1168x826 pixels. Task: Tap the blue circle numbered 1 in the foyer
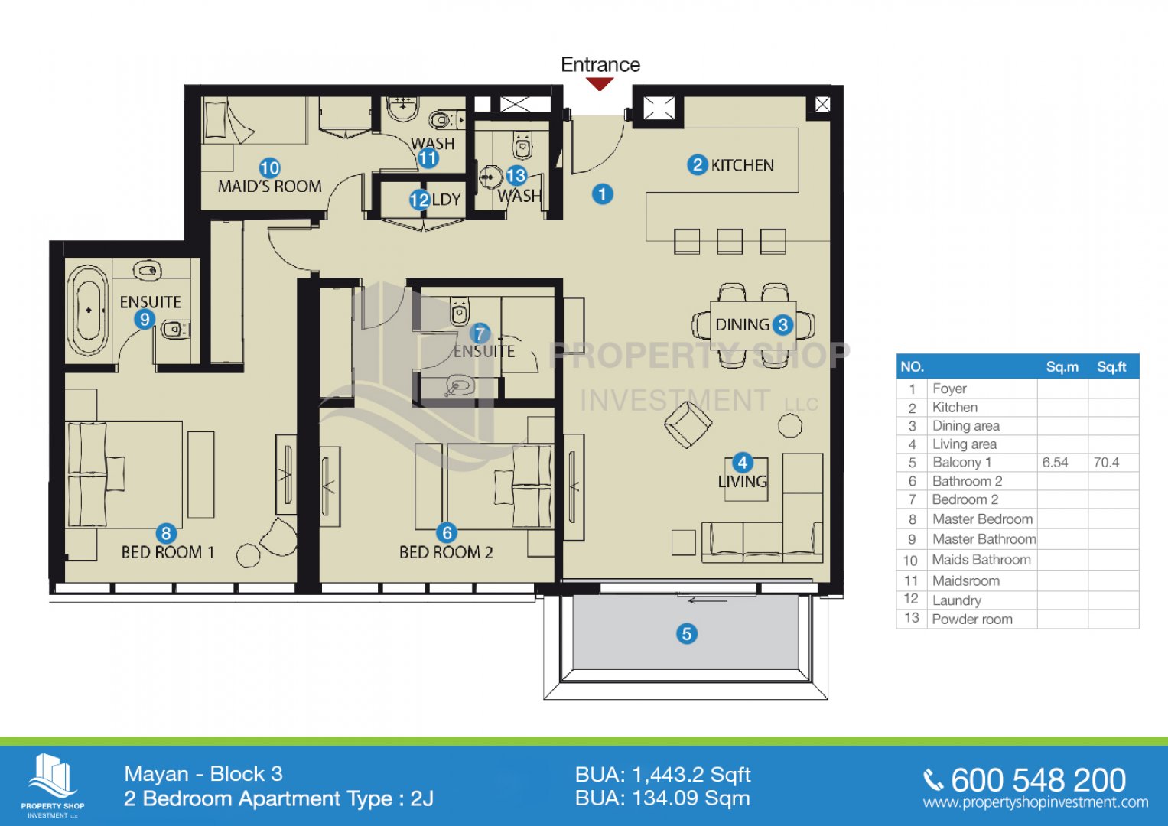tap(602, 194)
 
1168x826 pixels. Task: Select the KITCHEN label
tap(742, 165)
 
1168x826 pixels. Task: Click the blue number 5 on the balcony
tap(686, 633)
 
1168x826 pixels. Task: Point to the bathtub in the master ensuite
tap(89, 311)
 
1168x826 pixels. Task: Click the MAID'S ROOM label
tap(269, 186)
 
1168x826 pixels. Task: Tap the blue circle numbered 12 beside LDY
tap(419, 200)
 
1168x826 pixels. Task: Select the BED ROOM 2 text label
tap(446, 552)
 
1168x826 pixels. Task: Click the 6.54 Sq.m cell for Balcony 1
tap(1055, 463)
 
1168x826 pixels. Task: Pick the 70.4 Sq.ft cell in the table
tap(1106, 463)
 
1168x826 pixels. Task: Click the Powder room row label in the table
tap(972, 619)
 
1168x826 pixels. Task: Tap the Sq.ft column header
tap(1111, 366)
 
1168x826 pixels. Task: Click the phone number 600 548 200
tap(1038, 780)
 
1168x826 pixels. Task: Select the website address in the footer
tap(1036, 802)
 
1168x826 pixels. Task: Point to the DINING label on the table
tap(742, 325)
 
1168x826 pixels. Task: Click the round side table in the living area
tap(789, 425)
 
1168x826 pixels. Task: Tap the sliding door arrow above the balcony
tap(708, 600)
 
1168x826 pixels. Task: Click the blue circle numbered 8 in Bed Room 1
tap(166, 533)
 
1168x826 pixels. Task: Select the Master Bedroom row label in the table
tap(982, 519)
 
